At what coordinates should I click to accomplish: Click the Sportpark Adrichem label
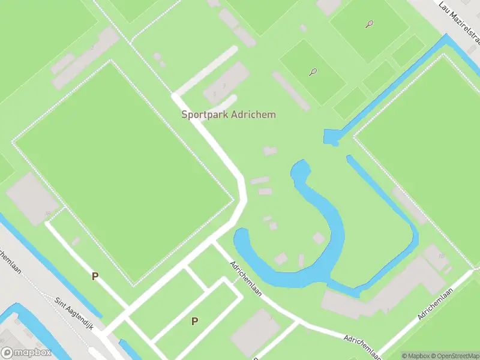(x=229, y=114)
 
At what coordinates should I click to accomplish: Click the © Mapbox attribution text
(x=413, y=356)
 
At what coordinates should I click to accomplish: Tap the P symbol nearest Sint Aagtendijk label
(x=94, y=276)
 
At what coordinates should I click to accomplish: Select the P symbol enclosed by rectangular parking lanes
(x=194, y=321)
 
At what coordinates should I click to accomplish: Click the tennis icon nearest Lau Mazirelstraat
(x=369, y=25)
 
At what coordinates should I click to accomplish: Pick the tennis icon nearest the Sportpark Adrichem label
(x=313, y=72)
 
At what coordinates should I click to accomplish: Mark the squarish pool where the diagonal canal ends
(x=331, y=137)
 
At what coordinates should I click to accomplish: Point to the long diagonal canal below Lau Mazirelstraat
(x=390, y=90)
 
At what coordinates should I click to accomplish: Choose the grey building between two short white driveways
(x=227, y=84)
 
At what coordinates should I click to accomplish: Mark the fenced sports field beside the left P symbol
(x=123, y=171)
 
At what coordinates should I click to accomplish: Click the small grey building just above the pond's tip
(x=270, y=151)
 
